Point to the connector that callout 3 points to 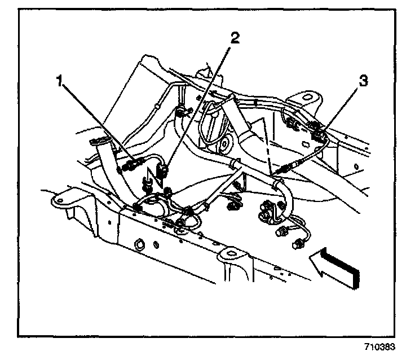[318, 134]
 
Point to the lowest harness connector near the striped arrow [298, 244]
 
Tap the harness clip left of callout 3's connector [290, 122]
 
